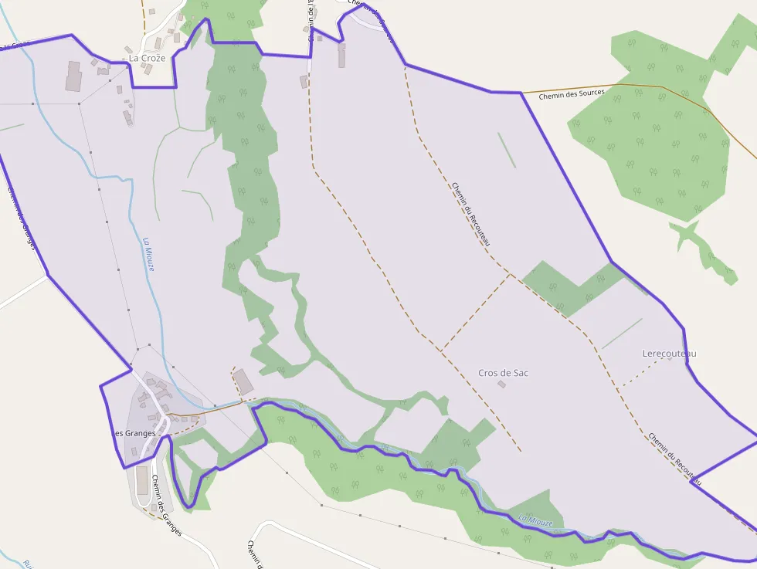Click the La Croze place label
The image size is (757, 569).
(147, 58)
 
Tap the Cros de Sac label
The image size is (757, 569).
(503, 373)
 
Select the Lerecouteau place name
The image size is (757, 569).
(669, 354)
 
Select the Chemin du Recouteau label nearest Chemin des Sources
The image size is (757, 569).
(470, 215)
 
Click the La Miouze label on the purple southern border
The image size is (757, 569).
(535, 521)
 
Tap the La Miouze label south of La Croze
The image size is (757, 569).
(148, 253)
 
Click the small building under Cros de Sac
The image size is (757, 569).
(502, 384)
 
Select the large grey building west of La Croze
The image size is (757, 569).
(73, 76)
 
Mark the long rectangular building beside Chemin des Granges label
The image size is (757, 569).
(141, 481)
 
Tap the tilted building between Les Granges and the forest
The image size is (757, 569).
(243, 382)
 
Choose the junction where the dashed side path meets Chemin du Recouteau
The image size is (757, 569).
(511, 273)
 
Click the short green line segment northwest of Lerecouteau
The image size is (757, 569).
(621, 334)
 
